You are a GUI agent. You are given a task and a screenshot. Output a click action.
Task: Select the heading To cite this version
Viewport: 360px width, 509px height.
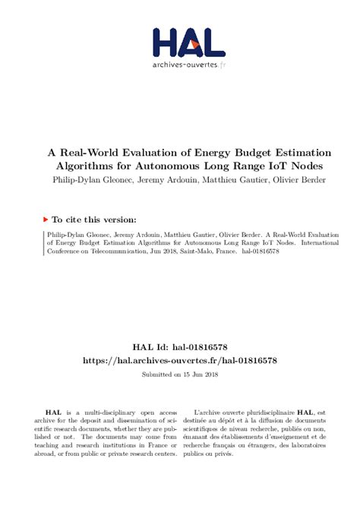[x=87, y=217]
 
